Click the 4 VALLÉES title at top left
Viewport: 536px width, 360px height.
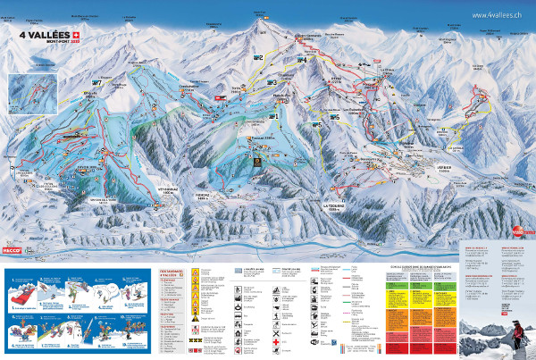pyautogui.click(x=40, y=35)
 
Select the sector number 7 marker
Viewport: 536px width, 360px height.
pyautogui.click(x=96, y=82)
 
